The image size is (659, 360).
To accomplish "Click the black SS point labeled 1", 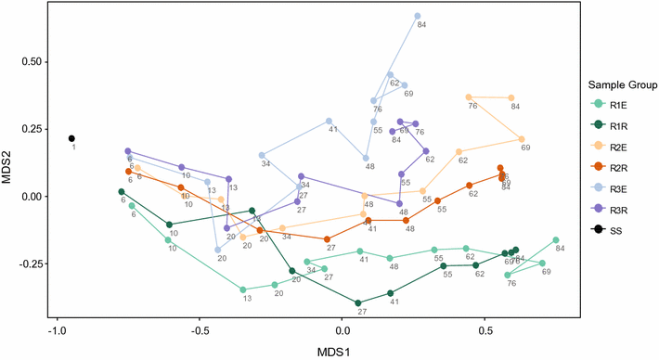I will pos(71,139).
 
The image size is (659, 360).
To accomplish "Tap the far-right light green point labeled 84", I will pos(556,240).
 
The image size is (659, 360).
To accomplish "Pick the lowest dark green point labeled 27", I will pos(359,302).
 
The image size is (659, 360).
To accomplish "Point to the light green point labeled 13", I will pos(243,289).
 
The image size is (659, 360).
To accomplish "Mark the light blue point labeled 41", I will pos(329,121).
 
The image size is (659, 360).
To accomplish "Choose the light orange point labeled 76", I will pos(469,96).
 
